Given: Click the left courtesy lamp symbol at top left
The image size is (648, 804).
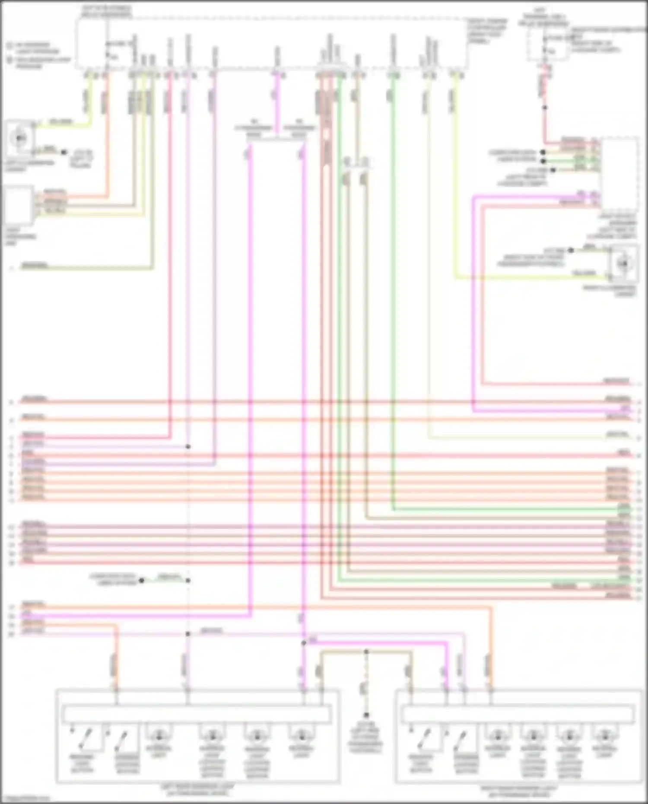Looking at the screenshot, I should click(x=19, y=138).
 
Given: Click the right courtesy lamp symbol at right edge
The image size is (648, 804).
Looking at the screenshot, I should click(x=623, y=263).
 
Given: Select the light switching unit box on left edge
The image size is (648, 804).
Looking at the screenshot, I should click(x=18, y=206).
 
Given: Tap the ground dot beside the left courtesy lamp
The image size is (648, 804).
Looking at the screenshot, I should click(x=64, y=152).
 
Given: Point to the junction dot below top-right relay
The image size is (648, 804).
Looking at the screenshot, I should click(x=545, y=107).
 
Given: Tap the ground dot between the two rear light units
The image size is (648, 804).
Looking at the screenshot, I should click(x=366, y=715).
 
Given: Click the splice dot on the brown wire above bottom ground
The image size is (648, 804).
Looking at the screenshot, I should click(x=366, y=651).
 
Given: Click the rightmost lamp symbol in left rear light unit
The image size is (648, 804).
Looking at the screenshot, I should click(x=301, y=735).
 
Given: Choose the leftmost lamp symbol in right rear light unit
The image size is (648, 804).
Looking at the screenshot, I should click(x=497, y=735).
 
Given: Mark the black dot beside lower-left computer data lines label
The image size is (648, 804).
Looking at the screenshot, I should click(x=141, y=580).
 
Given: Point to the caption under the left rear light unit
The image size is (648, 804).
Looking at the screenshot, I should click(x=197, y=789).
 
